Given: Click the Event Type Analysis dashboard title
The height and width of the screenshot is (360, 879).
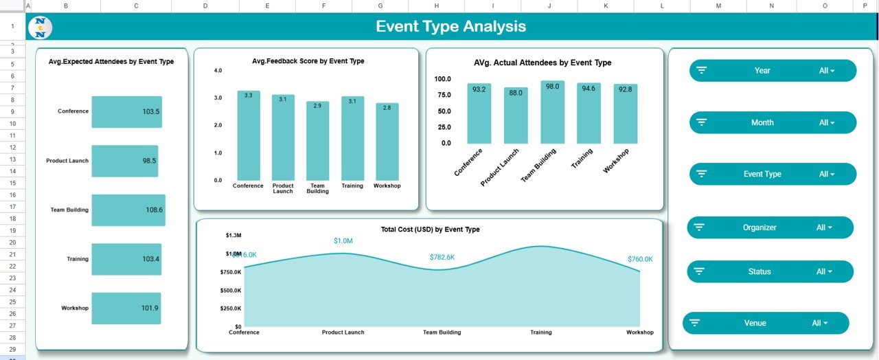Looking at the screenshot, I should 450,27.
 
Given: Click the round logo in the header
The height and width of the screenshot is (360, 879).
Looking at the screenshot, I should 41,28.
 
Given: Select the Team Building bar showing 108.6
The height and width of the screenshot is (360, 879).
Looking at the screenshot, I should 128,210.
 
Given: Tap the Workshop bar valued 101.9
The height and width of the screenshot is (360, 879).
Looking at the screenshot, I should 126,308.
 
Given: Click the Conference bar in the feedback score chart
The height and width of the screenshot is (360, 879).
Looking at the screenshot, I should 249,135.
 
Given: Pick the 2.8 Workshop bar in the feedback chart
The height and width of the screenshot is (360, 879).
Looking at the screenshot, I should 387,142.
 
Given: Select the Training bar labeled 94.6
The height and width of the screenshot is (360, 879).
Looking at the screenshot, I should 589,113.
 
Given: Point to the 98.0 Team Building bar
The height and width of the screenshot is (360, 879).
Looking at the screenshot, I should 552,112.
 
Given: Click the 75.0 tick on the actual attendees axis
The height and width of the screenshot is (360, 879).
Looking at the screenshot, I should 442,95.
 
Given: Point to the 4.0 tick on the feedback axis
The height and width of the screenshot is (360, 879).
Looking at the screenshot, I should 218,71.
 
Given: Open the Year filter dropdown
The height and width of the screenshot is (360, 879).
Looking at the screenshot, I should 773,71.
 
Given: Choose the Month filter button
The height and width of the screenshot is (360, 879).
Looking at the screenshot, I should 773,123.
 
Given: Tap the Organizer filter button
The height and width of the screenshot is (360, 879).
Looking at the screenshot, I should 770,227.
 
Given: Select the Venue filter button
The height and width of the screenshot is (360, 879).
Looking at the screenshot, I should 766,323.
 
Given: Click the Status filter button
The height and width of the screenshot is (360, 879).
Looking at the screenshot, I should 770,271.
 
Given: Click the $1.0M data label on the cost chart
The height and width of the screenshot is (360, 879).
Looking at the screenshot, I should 343,240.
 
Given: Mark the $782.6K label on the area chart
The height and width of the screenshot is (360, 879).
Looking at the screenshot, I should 442,257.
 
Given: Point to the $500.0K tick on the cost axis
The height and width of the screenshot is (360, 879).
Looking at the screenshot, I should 231,290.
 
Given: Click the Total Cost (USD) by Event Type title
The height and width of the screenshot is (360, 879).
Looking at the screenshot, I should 430,229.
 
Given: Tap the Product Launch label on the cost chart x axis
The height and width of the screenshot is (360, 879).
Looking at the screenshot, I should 343,333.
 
